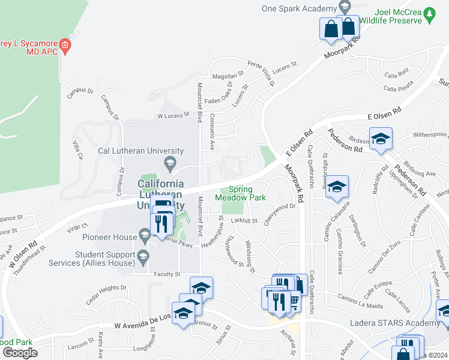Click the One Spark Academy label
click(298, 8)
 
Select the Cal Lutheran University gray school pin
click(170, 163)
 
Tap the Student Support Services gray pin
click(143, 257)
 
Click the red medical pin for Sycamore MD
click(66, 45)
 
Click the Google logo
click(19, 353)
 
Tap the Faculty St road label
click(167, 274)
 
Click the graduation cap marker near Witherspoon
click(381, 139)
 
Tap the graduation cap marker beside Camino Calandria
click(337, 187)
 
